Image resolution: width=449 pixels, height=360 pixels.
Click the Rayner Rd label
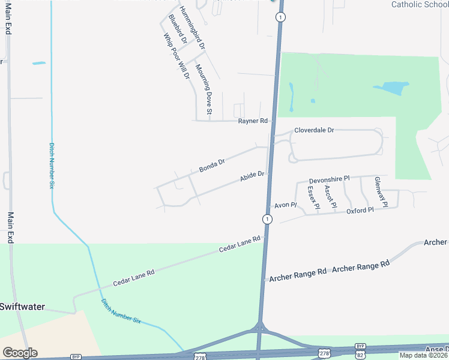coord(252,121)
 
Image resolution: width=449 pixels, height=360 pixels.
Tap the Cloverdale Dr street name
coord(313,130)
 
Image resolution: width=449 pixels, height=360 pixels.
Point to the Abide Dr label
coord(252,177)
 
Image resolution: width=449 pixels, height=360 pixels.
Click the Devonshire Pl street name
coord(329,180)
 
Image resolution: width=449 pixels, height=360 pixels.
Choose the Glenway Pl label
coord(380,192)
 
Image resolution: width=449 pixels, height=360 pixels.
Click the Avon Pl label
coord(286,205)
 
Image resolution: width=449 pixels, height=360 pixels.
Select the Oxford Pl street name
coord(360,211)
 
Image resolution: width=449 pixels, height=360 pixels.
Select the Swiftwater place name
coord(22,307)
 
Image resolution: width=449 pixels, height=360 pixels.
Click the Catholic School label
coord(420,4)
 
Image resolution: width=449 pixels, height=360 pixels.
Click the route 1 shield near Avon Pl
coord(267,220)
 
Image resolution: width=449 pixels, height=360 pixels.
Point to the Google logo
coord(20,353)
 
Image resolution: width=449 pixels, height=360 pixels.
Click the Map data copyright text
coord(424,355)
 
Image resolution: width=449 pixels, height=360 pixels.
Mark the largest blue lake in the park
coord(391,88)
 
